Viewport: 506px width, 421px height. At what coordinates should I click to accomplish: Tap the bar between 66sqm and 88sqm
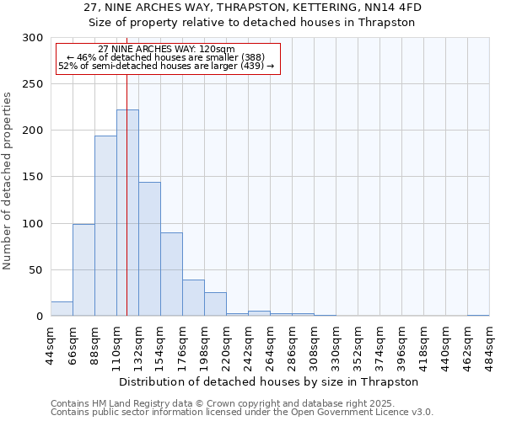pyautogui.click(x=83, y=269)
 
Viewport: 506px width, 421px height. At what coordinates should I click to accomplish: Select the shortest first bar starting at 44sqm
pyautogui.click(x=62, y=309)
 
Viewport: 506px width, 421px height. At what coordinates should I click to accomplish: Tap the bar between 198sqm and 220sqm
pyautogui.click(x=215, y=304)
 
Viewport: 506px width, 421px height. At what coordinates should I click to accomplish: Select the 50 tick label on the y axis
pyautogui.click(x=35, y=270)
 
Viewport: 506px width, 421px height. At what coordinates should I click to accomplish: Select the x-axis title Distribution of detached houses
pyautogui.click(x=270, y=381)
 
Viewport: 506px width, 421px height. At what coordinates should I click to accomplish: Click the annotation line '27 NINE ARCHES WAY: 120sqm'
pyautogui.click(x=166, y=50)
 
